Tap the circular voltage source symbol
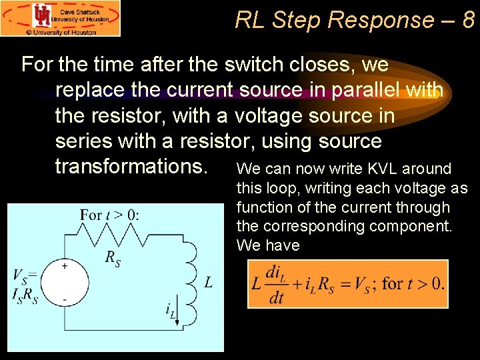tap(65, 283)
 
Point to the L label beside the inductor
tap(208, 283)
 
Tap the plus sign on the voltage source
tap(65, 266)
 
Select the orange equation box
tap(347, 284)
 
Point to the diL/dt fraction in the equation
tap(275, 285)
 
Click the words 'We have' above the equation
tap(268, 245)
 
